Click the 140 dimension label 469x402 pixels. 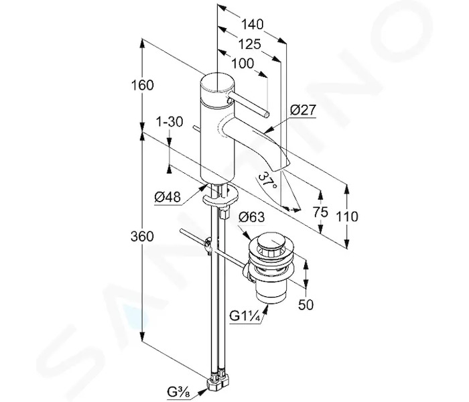pos(253,24)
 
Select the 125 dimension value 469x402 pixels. pos(249,44)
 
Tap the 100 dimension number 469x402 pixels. pos(243,64)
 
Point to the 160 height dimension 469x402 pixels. pos(143,85)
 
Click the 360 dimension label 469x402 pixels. pos(142,237)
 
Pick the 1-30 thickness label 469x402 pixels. pos(170,122)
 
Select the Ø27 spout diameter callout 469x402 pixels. pos(303,110)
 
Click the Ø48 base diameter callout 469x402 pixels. pos(167,197)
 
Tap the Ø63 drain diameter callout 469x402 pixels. pos(251,217)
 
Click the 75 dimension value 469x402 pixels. pos(320,212)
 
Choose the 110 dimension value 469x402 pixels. pos(347,216)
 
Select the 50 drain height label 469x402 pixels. pos(306,304)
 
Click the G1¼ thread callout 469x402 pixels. pos(245,316)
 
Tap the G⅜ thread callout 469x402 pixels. pos(179,392)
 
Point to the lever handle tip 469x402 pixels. pos(266,114)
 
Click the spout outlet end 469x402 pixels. pos(282,166)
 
